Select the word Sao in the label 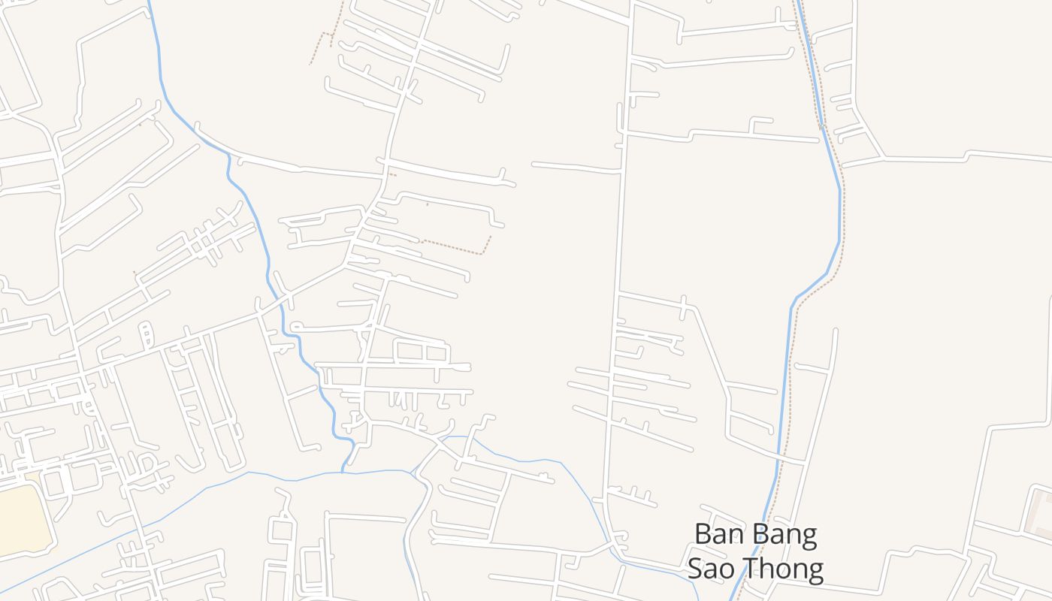tap(714, 569)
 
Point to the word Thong tap(786, 569)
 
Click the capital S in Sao tap(696, 569)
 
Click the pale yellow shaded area tap(23, 518)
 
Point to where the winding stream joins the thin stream tap(342, 473)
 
